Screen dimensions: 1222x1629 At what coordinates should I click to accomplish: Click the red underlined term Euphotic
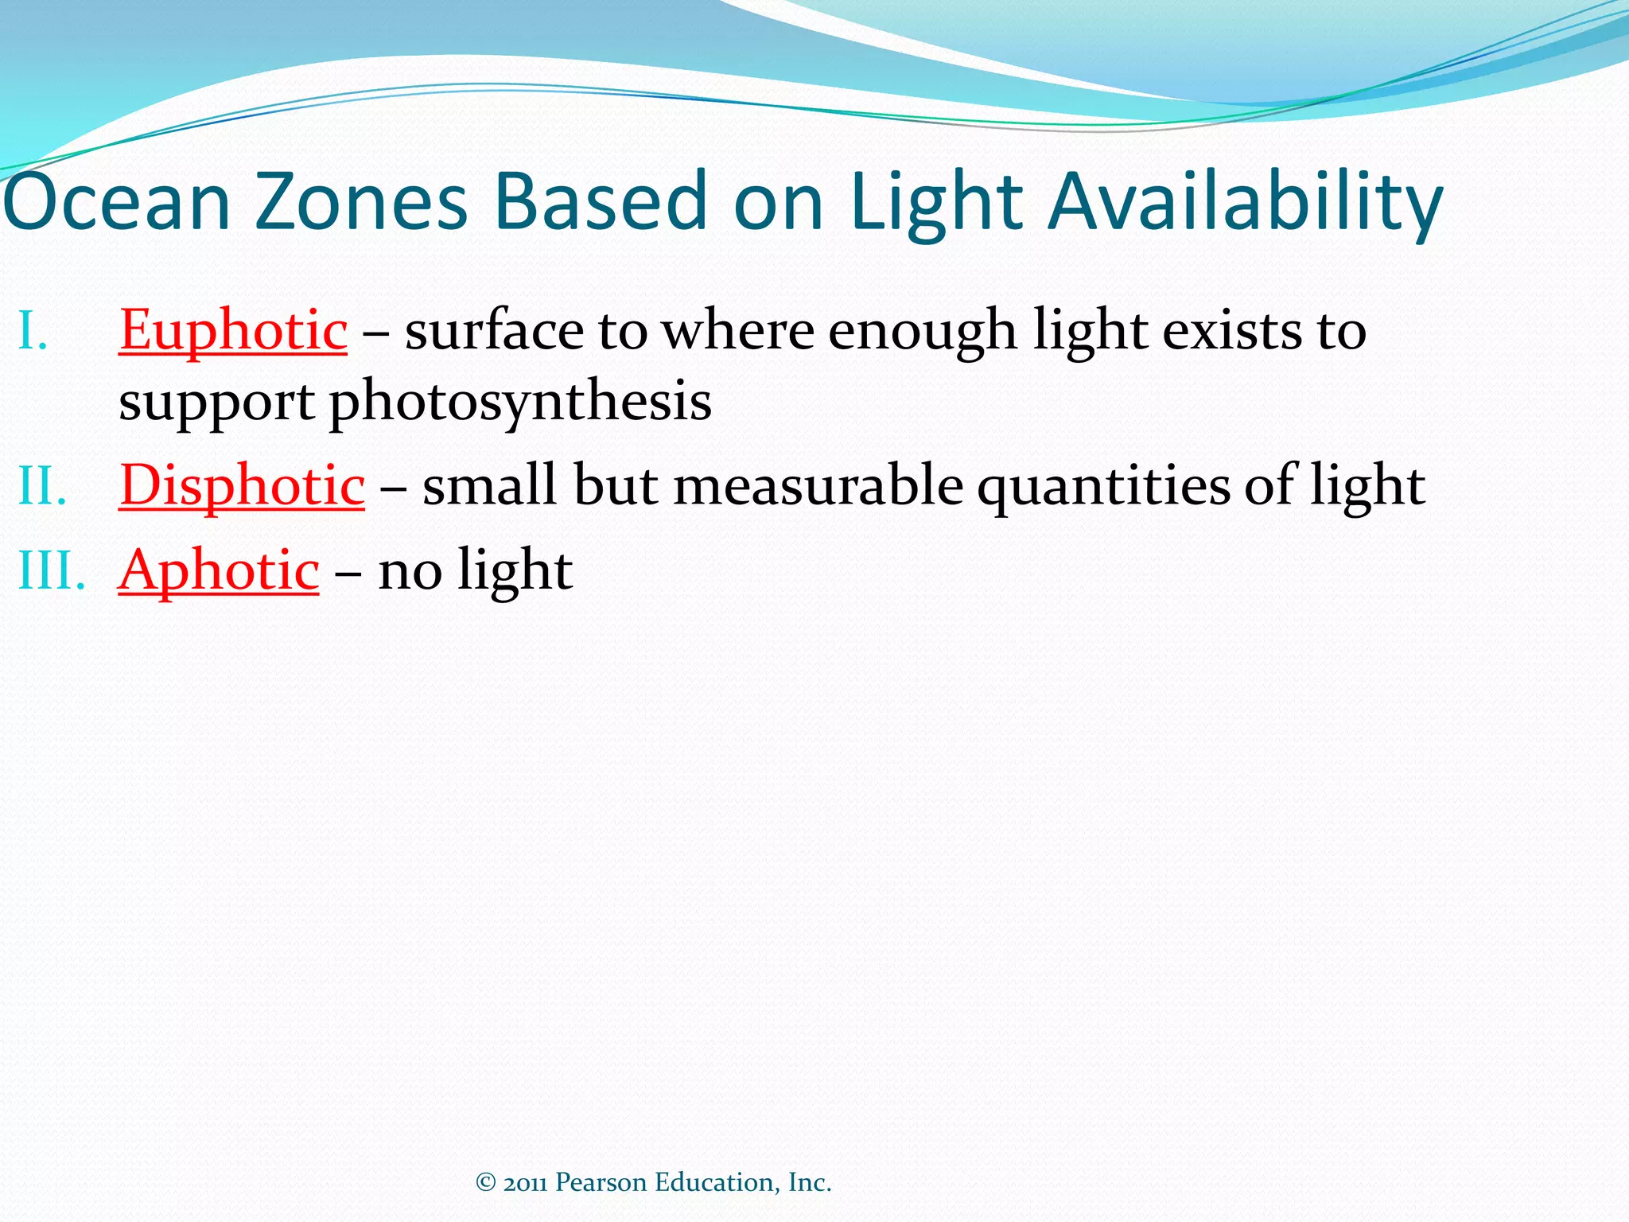pos(233,329)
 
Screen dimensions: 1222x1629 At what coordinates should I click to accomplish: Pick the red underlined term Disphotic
pos(242,485)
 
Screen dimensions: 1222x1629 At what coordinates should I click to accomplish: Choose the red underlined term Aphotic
pos(220,570)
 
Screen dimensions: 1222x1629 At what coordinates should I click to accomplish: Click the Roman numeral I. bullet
pos(33,330)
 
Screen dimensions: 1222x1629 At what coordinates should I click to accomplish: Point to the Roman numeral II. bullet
pos(41,485)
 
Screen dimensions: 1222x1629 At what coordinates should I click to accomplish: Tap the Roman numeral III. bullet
pos(51,570)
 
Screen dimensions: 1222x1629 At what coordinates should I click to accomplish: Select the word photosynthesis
pos(520,401)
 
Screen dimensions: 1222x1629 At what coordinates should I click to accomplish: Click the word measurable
pos(818,485)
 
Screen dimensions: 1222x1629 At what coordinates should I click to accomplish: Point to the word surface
pos(494,329)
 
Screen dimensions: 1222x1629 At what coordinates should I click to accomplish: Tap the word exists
pos(1232,329)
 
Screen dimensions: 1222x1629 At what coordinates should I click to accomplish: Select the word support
pos(216,403)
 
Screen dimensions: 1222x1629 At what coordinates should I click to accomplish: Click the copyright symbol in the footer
pos(486,1182)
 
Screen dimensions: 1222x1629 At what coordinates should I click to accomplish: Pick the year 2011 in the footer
pos(525,1183)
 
